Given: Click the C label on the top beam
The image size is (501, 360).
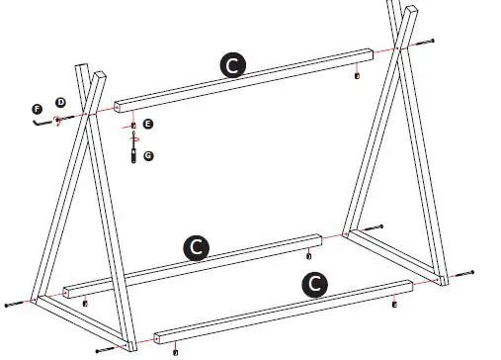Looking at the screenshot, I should point(231,65).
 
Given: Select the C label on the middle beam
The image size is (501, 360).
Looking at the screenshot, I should point(197,246).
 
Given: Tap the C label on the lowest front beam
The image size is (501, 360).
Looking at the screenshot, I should point(314,283).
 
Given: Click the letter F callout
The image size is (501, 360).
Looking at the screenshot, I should point(37,108).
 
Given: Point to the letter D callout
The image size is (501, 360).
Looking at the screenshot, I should point(59,102).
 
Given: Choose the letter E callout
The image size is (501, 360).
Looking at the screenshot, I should point(147,125).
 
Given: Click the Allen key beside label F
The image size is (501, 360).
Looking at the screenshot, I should point(40,123).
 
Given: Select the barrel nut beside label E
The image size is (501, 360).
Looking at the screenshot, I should point(133,126).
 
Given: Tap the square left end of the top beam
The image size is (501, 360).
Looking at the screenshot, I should point(118,105).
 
